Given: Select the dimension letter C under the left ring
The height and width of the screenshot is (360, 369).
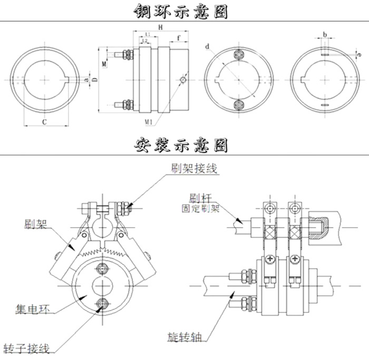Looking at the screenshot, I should click(x=45, y=121).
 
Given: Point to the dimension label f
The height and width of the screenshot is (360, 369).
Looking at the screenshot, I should click(x=180, y=38).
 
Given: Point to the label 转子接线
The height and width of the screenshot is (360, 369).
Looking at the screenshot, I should click(x=26, y=348).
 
